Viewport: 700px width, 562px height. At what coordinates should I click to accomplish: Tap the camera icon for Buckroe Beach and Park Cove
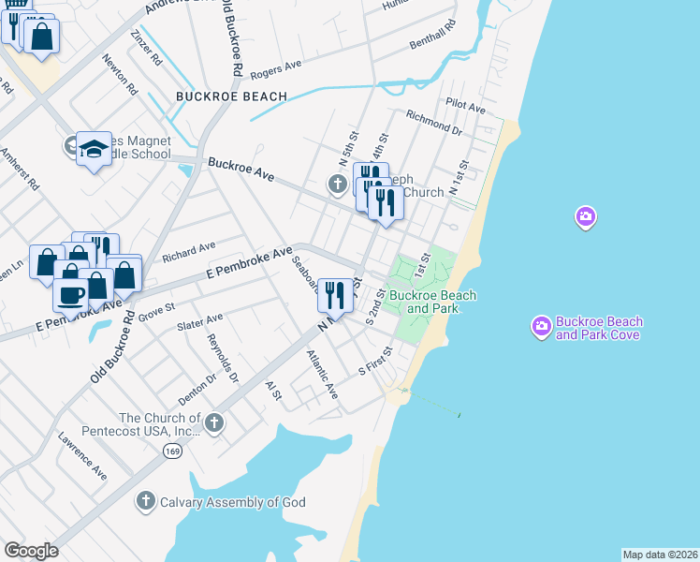tap(541, 327)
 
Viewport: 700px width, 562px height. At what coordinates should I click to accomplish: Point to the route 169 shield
tap(171, 451)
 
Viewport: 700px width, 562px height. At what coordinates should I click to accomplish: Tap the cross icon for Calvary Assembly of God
tap(145, 501)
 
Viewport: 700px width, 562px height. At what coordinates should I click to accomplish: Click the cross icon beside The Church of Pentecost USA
tap(213, 423)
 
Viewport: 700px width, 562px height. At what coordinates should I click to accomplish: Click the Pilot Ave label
tap(465, 108)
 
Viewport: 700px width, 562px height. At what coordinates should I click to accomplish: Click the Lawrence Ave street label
tap(82, 456)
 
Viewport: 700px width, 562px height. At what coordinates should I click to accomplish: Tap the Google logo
tap(31, 551)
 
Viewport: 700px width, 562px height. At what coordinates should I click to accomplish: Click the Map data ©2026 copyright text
tap(659, 555)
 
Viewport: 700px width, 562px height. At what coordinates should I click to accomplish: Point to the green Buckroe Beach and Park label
tap(432, 302)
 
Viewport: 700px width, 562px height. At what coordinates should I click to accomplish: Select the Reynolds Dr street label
tap(224, 358)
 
